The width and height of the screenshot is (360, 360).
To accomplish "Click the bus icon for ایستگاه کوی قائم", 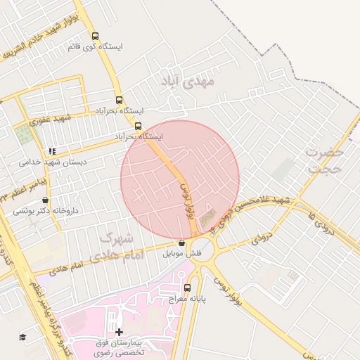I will pos(96,36).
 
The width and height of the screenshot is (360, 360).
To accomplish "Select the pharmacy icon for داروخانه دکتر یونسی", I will pos(46,200).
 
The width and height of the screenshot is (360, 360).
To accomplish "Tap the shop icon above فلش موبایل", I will pos(182,243).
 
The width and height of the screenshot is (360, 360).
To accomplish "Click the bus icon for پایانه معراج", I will pos(187,288).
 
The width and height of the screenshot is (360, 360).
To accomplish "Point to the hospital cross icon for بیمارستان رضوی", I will pos(119,332).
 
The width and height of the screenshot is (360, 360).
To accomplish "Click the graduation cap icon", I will pos(22,337).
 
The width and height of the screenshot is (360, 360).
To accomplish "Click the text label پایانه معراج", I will pos(188,300).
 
